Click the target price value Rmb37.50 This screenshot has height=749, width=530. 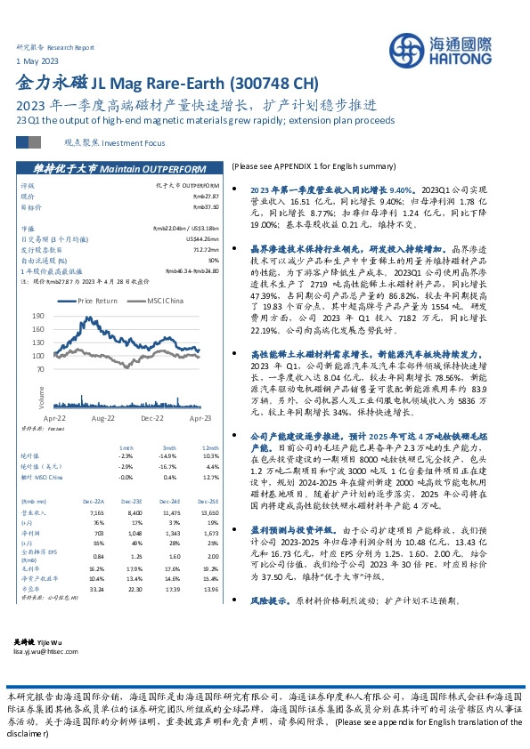(206, 205)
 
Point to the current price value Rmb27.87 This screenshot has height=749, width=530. (206, 196)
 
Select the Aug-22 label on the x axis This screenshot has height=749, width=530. (103, 417)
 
